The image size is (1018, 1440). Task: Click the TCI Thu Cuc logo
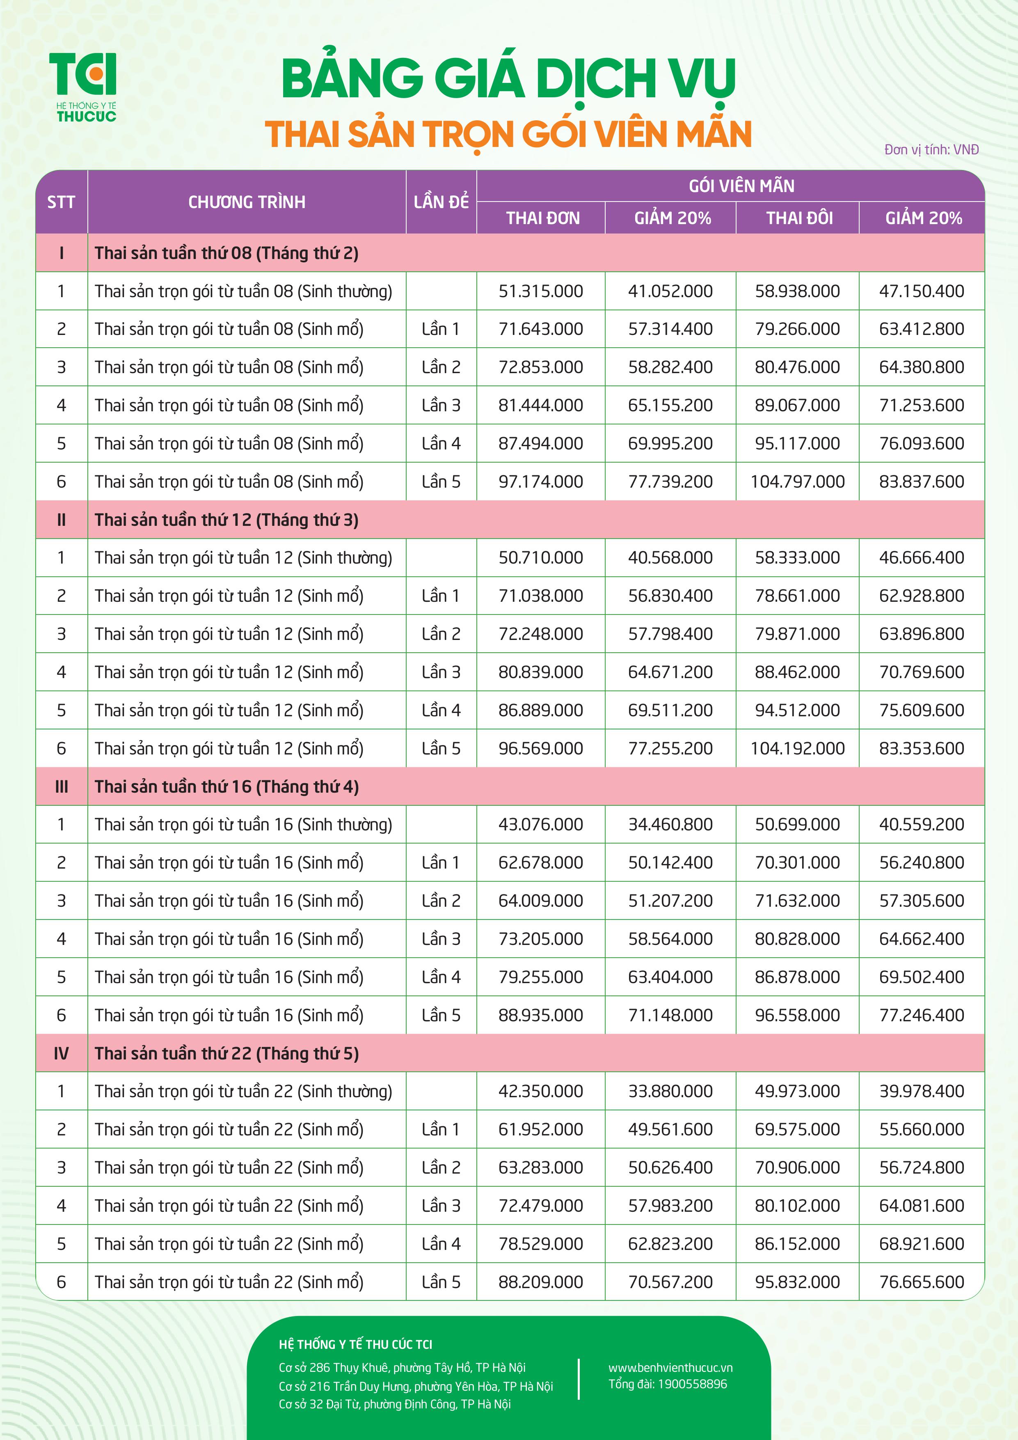pyautogui.click(x=83, y=87)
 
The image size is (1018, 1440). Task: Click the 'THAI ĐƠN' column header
pyautogui.click(x=543, y=218)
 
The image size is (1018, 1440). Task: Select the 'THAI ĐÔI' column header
pyautogui.click(x=799, y=218)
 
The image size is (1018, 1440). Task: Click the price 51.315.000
pyautogui.click(x=540, y=291)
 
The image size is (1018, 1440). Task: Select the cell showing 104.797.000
pyautogui.click(x=797, y=482)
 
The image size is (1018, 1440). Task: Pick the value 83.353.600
pyautogui.click(x=922, y=748)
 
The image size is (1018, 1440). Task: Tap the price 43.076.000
pyautogui.click(x=540, y=824)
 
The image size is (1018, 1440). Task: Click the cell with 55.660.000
pyautogui.click(x=922, y=1129)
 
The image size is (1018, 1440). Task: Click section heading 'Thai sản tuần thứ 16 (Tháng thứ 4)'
pyautogui.click(x=227, y=786)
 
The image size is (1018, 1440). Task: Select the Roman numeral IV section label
pyautogui.click(x=61, y=1053)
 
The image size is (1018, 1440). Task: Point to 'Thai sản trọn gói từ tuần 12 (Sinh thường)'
pyautogui.click(x=243, y=557)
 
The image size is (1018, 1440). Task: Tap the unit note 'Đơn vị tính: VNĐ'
pyautogui.click(x=931, y=149)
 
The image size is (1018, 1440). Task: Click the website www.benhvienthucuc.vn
pyautogui.click(x=670, y=1367)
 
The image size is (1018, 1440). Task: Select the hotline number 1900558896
pyautogui.click(x=692, y=1383)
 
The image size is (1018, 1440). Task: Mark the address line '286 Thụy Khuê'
pyautogui.click(x=402, y=1367)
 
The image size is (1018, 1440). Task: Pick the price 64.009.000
pyautogui.click(x=540, y=901)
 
